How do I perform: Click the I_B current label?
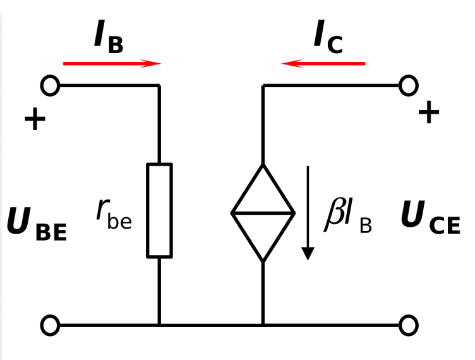[x=109, y=37]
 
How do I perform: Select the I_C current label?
[x=328, y=37]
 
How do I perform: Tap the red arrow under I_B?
[x=112, y=64]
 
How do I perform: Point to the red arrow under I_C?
[x=323, y=64]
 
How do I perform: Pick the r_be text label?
[x=114, y=214]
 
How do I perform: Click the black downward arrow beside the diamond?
[x=308, y=213]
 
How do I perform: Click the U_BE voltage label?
[x=37, y=224]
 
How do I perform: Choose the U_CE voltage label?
[x=431, y=217]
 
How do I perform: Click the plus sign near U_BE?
[x=35, y=119]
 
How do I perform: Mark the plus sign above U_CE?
[x=429, y=112]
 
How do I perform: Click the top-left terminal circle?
[x=41, y=86]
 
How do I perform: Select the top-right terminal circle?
[x=418, y=86]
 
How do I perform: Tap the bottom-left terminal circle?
[x=41, y=325]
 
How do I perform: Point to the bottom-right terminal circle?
[x=418, y=325]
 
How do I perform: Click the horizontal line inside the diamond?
[x=263, y=213]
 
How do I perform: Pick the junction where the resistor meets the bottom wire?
[x=159, y=325]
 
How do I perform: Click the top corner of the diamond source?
[x=263, y=164]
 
